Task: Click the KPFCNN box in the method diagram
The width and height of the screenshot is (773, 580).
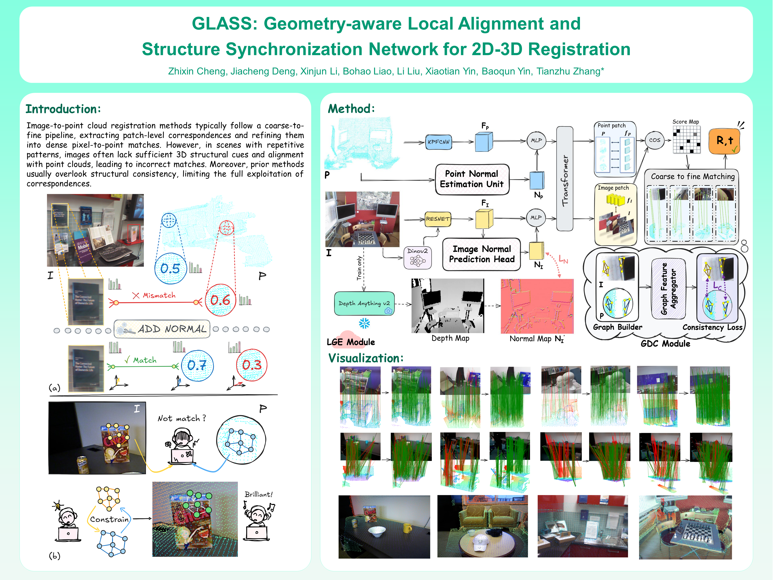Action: pyautogui.click(x=439, y=142)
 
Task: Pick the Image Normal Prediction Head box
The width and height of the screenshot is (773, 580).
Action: pyautogui.click(x=482, y=254)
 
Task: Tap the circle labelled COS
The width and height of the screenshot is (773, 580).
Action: pyautogui.click(x=654, y=140)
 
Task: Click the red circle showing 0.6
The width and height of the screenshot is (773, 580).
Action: pyautogui.click(x=220, y=300)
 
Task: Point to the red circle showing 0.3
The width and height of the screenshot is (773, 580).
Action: pyautogui.click(x=252, y=365)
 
